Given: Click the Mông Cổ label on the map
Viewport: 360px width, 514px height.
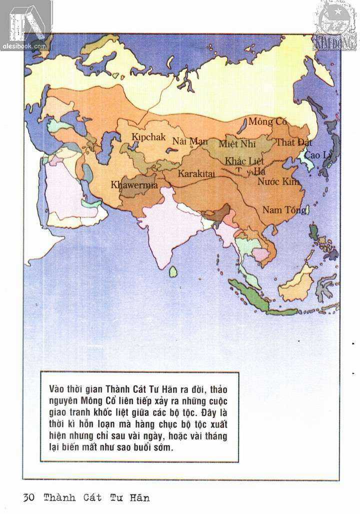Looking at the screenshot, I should (267, 122).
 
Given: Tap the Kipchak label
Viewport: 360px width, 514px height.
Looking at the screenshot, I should (148, 137).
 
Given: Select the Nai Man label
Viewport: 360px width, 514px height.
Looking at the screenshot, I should (190, 141).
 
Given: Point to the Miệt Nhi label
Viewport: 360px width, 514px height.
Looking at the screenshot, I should (237, 144).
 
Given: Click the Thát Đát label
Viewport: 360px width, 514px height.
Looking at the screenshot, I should (293, 143).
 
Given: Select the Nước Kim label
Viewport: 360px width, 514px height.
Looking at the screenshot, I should (278, 182).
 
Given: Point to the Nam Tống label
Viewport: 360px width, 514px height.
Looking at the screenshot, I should (284, 210).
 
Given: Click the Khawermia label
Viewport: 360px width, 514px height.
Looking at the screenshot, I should (134, 185).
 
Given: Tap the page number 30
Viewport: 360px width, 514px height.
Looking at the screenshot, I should (28, 498).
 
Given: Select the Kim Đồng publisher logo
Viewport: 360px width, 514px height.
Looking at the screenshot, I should (335, 25).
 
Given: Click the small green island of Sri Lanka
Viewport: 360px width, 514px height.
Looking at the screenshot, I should (173, 271).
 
